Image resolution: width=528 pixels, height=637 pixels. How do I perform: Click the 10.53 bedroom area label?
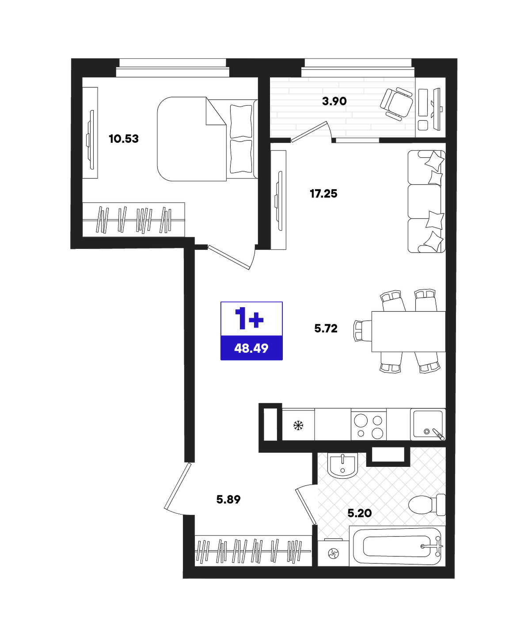[x=124, y=139]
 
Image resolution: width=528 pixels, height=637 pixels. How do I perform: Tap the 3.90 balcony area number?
[x=334, y=101]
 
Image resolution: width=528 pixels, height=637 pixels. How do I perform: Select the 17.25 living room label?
[x=323, y=194]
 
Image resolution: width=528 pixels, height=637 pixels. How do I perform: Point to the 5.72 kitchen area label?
[x=326, y=328]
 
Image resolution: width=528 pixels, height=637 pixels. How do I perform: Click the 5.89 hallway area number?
[x=228, y=500]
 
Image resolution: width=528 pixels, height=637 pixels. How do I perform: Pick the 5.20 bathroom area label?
[x=360, y=513]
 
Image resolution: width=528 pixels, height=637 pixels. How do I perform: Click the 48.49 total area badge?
[x=251, y=348]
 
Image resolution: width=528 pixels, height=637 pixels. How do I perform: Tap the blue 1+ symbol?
[x=249, y=319]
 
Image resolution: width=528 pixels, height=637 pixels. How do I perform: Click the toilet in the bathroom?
[x=427, y=505]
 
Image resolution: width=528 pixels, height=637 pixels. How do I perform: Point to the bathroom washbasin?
[x=342, y=465]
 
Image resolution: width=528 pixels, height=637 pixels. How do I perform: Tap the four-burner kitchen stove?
[x=369, y=424]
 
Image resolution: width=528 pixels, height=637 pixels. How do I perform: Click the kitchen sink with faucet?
[x=428, y=424]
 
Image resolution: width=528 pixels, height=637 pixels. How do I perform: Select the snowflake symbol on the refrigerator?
[x=298, y=425]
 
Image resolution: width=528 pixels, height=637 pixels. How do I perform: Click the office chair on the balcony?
[x=396, y=104]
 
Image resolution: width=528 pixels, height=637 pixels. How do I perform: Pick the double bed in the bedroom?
[x=207, y=139]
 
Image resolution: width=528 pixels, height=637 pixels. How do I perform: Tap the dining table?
[x=408, y=332]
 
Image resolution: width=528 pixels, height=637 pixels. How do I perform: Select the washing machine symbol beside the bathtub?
[x=333, y=553]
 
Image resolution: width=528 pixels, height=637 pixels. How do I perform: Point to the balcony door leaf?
[x=309, y=132]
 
